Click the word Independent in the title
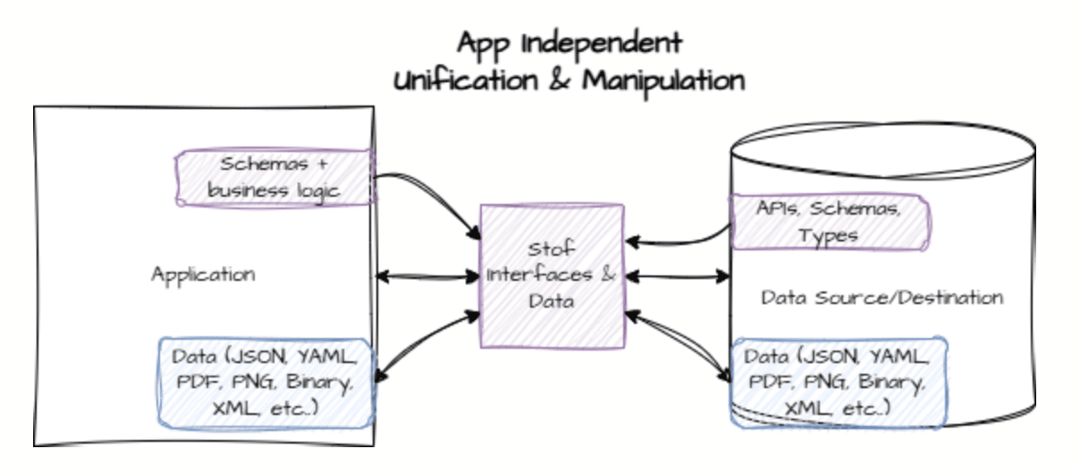pos(602,44)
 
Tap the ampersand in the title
pos(560,80)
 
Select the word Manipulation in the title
pos(663,82)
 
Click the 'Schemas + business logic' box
pos(274,177)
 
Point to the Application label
pos(203,275)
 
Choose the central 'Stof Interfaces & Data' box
pos(552,275)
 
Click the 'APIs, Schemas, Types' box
pos(830,222)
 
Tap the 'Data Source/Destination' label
pos(882,298)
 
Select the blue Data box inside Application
pos(266,384)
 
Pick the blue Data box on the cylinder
pos(839,384)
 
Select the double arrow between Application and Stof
pos(427,276)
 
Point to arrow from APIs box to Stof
pos(679,242)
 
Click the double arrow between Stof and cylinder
pos(678,276)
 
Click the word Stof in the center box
pos(551,250)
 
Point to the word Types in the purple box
pos(828,236)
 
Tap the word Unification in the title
pos(466,80)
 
